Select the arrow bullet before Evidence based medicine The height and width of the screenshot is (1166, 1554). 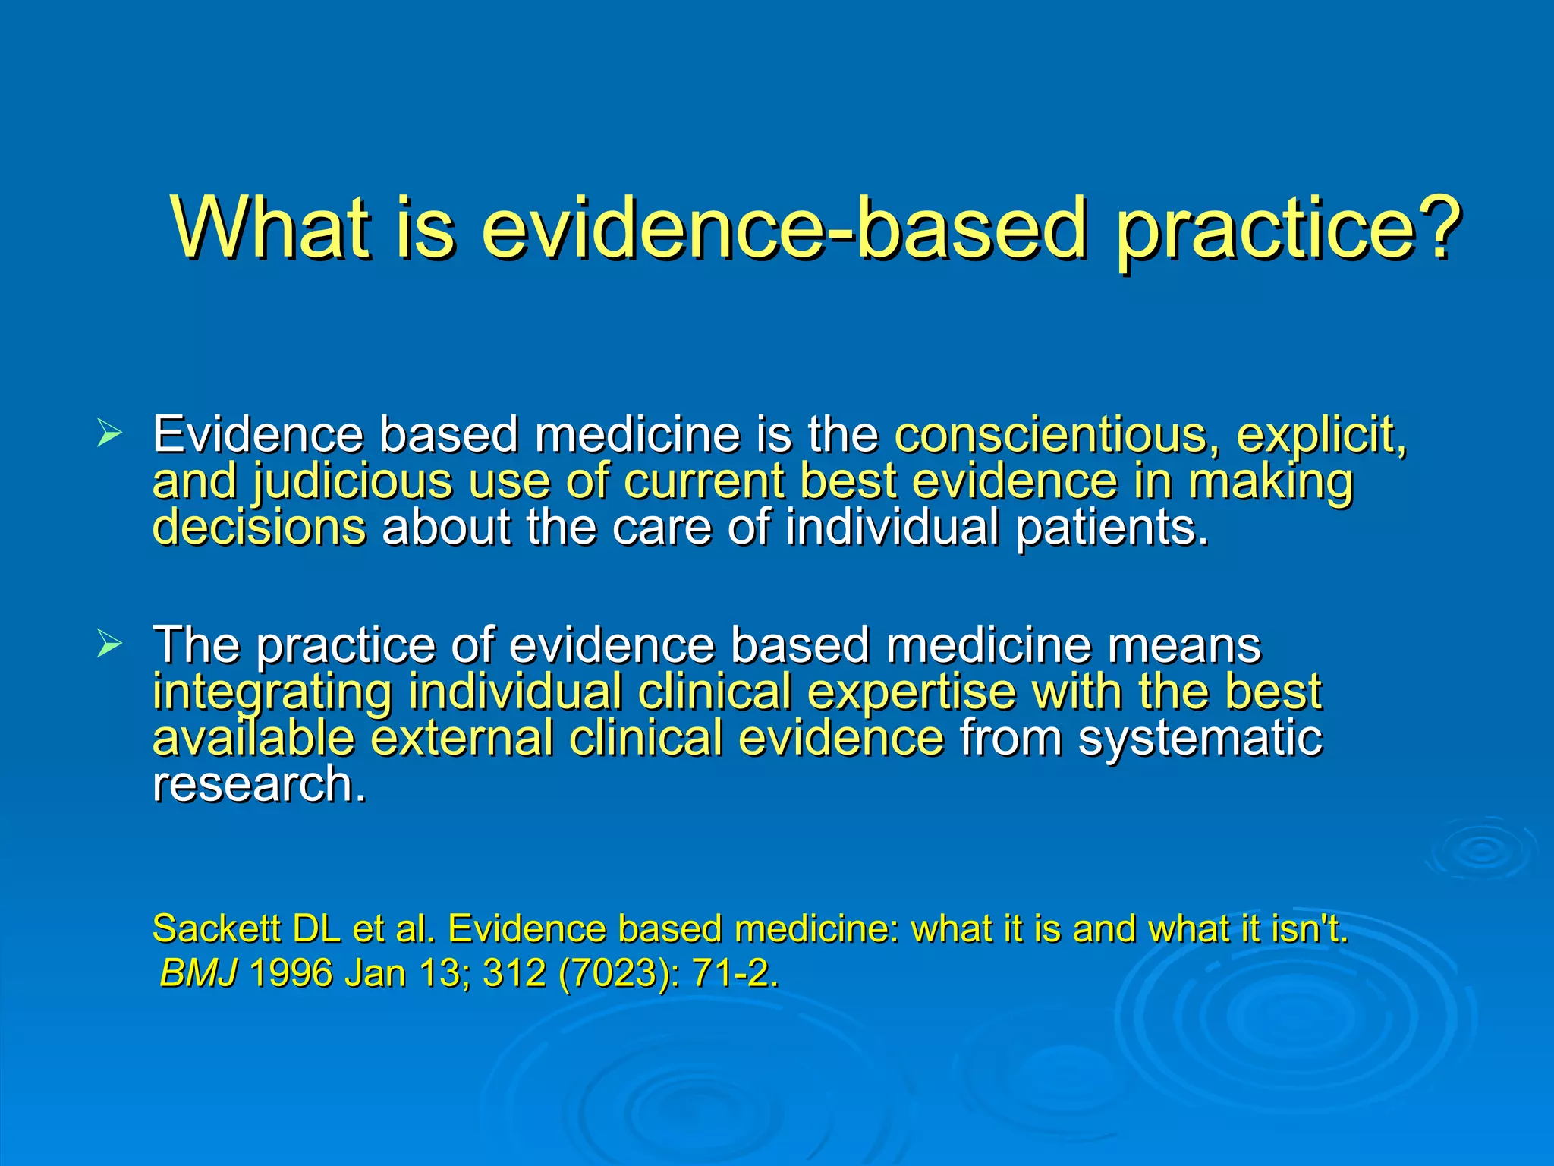point(109,435)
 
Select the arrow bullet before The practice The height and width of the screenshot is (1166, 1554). point(109,644)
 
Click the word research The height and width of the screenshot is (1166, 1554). point(259,784)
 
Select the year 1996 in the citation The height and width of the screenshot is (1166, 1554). point(291,973)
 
